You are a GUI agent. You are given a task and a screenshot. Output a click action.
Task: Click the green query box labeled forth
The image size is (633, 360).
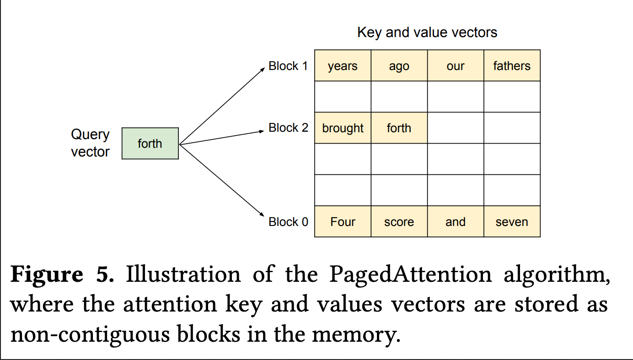click(150, 144)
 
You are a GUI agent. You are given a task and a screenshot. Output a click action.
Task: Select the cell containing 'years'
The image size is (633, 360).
click(343, 65)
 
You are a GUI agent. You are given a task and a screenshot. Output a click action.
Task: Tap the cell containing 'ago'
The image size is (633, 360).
click(399, 65)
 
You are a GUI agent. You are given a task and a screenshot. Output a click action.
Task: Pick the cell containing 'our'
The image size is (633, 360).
click(456, 65)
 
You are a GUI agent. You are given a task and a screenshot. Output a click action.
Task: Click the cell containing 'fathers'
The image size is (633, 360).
click(512, 65)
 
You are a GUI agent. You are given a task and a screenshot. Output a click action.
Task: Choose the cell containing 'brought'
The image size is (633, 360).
click(343, 128)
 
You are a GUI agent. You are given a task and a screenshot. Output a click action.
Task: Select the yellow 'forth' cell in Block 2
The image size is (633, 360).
click(399, 128)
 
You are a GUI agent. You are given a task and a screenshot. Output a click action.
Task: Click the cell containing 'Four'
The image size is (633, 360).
click(343, 221)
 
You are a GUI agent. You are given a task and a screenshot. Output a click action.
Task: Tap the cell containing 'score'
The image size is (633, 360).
click(399, 221)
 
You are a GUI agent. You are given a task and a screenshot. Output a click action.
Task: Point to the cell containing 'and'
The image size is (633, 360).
click(456, 221)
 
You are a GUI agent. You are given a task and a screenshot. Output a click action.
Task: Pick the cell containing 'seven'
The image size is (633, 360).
click(512, 221)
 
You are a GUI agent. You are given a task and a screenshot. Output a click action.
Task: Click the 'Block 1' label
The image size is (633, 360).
click(288, 66)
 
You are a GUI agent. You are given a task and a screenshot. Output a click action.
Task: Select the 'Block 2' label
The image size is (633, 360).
click(288, 128)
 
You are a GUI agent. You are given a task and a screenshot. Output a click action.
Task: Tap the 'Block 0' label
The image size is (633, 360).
click(288, 222)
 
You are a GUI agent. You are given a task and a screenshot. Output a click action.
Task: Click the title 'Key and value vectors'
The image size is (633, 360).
click(427, 32)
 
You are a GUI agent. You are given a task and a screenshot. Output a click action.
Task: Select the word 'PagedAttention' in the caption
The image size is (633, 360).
click(411, 274)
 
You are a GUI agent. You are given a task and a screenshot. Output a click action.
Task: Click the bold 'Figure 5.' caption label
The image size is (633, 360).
click(62, 274)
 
